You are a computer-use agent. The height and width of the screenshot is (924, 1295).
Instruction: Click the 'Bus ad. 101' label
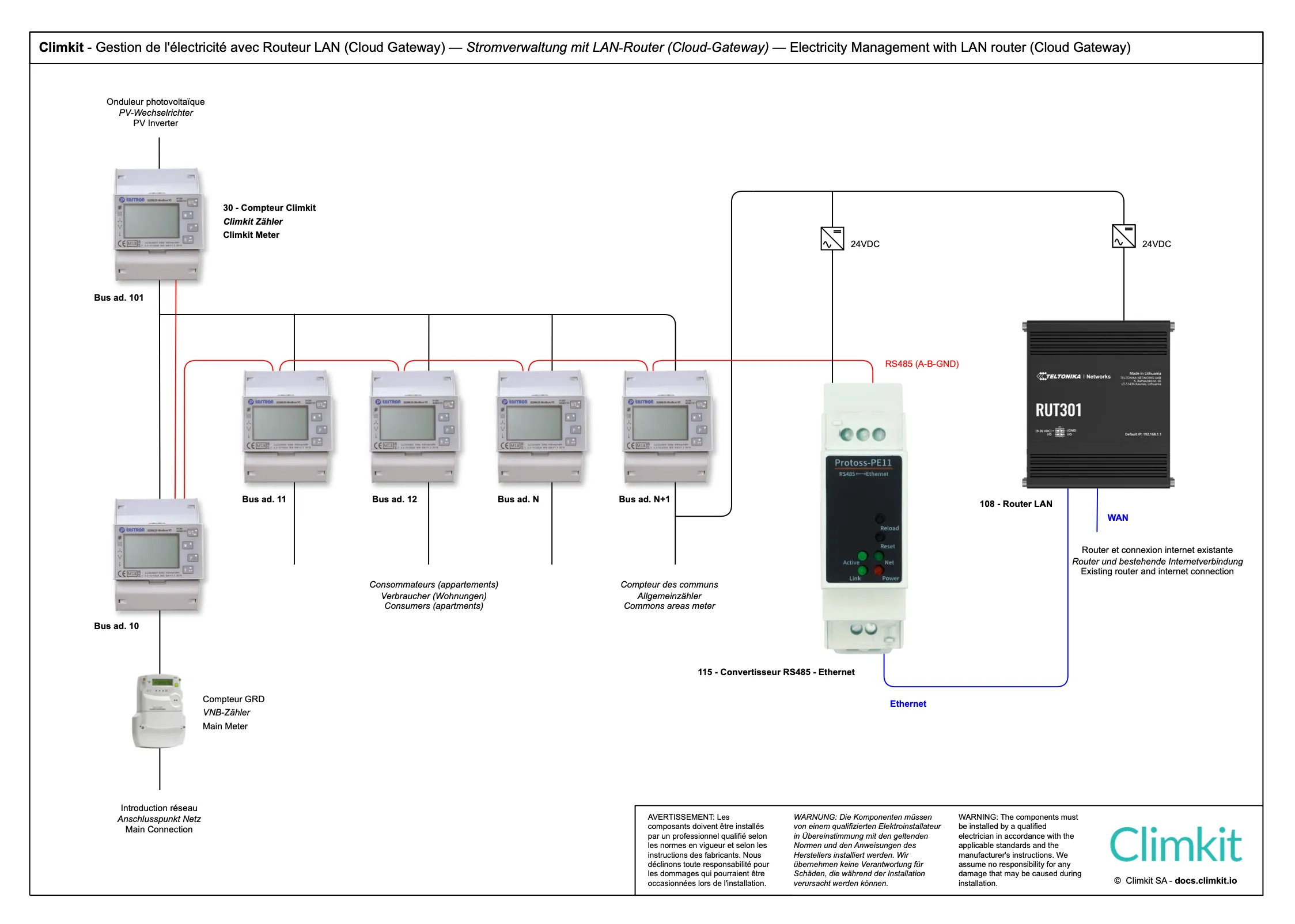tap(119, 298)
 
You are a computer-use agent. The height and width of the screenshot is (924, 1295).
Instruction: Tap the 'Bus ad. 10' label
tap(116, 626)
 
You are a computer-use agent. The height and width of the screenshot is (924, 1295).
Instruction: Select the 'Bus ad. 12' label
tap(394, 499)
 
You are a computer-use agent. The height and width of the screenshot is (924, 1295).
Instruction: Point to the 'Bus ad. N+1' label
tap(644, 499)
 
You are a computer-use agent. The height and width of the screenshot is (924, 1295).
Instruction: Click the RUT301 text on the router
tap(1058, 410)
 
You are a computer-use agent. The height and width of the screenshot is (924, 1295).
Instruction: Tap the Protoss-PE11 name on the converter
tap(863, 463)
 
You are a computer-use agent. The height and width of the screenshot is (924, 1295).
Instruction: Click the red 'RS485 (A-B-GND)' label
tap(922, 364)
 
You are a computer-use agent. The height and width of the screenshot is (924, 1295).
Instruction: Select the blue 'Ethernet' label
tap(908, 704)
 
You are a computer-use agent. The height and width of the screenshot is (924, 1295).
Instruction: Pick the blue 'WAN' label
tap(1118, 518)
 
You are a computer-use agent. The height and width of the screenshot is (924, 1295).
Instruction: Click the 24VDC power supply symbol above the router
tap(1123, 236)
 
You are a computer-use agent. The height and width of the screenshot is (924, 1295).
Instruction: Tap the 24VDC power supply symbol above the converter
tap(832, 238)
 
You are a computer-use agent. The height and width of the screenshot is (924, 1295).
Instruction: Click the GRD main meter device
tap(160, 711)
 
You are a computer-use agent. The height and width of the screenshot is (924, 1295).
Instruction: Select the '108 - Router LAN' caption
tap(1016, 504)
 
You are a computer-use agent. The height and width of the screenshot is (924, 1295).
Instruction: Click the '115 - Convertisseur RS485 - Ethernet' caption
tap(776, 672)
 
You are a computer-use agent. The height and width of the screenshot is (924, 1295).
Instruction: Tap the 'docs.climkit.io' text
tap(1206, 881)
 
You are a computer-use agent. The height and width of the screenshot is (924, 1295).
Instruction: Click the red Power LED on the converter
tap(879, 571)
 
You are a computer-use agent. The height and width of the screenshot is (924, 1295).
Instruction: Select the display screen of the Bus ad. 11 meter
tap(281, 423)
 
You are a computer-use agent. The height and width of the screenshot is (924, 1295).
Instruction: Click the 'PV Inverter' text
tap(156, 123)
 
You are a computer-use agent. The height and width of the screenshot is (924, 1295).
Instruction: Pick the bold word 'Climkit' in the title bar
tap(61, 47)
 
